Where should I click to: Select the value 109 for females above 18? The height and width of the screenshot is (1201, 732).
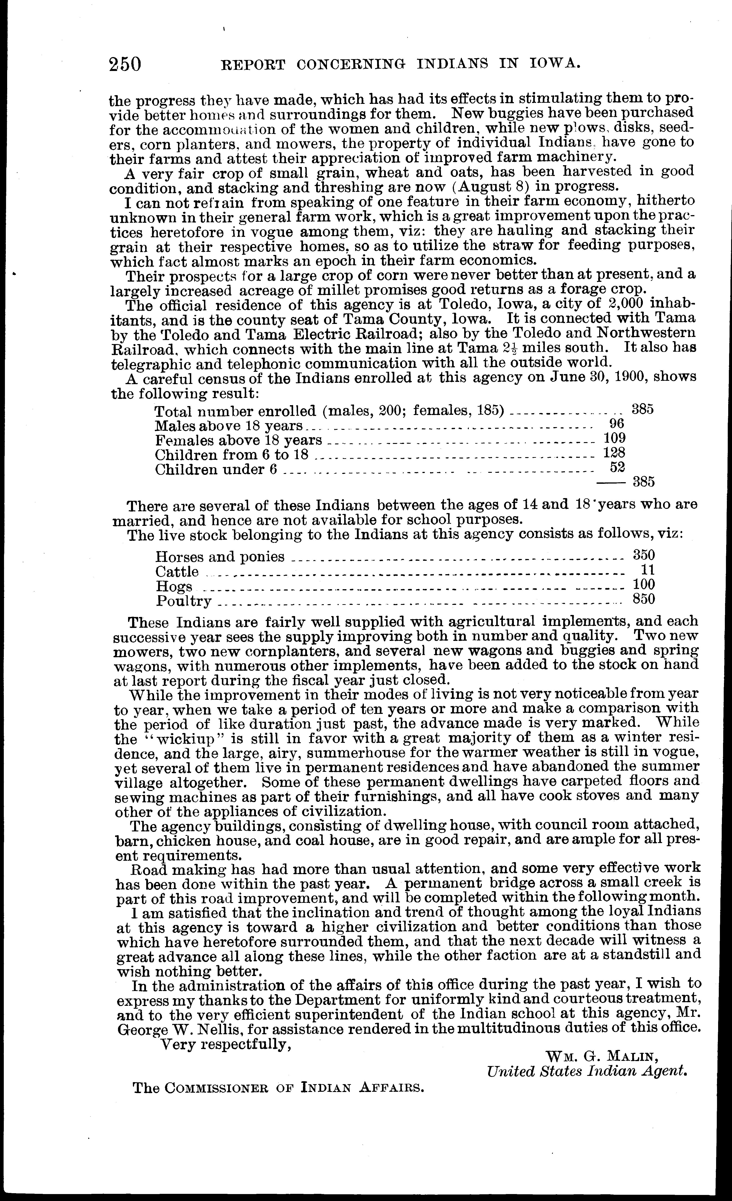tap(614, 438)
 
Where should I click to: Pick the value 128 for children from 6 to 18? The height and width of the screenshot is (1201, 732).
tap(614, 453)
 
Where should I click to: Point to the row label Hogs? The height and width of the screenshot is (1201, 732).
tap(174, 586)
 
